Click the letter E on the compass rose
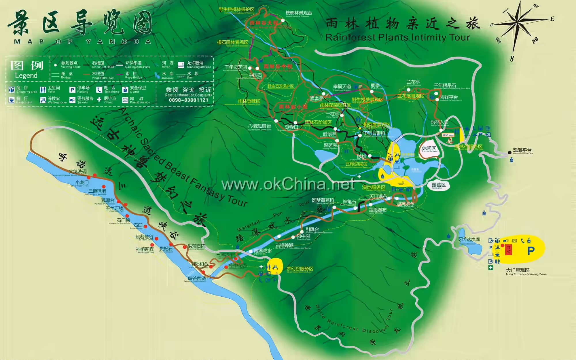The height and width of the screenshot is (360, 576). coord(552,19)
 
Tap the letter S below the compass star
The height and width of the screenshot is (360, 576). coord(512,59)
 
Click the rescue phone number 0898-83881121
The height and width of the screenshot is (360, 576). coord(188,100)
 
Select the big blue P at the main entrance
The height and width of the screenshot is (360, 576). coord(531,251)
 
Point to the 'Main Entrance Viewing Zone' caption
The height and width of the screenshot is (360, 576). coord(526,274)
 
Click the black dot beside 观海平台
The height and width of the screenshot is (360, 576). coord(509,153)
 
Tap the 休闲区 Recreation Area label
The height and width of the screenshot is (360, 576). coord(429,149)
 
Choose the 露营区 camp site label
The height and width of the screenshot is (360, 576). coord(439,185)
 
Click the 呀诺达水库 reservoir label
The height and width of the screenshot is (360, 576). coord(469,239)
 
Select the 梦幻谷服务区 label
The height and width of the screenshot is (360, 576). coord(300,269)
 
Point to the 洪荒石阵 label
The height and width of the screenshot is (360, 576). coord(196,246)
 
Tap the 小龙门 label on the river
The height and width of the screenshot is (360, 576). coord(82,182)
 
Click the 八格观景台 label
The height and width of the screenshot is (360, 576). coord(259,126)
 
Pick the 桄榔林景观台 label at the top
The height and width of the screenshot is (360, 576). coord(299,13)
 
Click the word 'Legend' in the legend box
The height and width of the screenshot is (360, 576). coord(26,76)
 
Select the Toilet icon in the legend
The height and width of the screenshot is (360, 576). coord(43,90)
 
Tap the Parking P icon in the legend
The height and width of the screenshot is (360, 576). coord(72,90)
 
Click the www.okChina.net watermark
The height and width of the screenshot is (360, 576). coord(288,184)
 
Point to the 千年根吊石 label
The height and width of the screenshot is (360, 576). coord(445,85)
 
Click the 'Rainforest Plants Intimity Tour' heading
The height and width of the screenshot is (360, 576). coord(397,37)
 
